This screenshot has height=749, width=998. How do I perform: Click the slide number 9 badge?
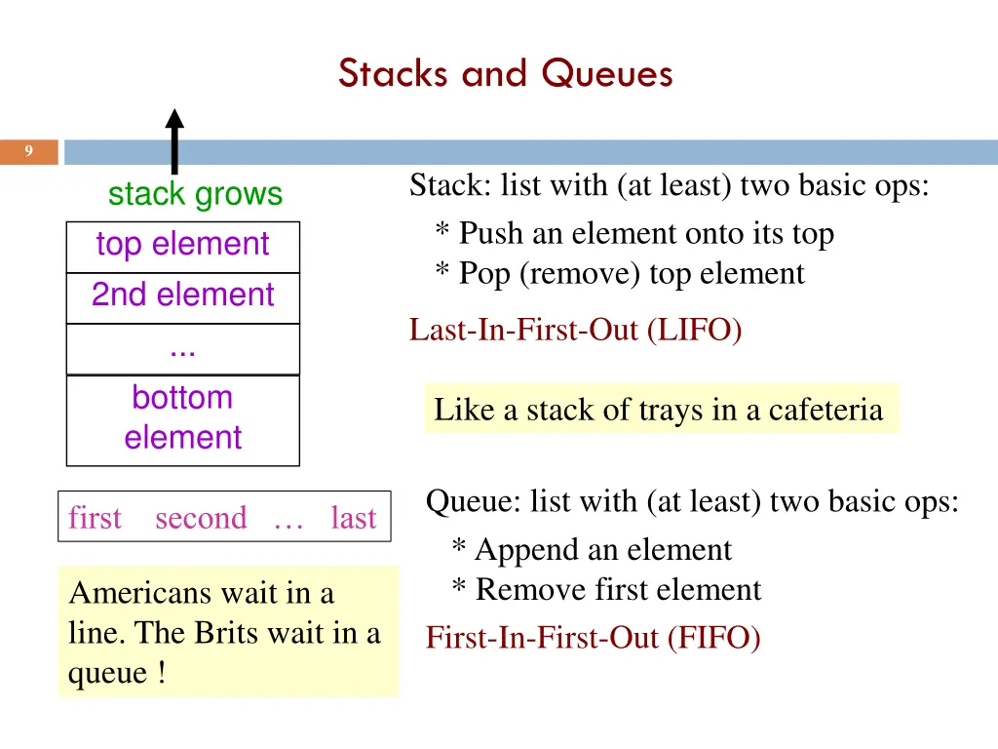[29, 151]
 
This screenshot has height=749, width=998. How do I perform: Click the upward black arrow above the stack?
[174, 141]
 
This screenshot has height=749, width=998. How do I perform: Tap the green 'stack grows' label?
[195, 194]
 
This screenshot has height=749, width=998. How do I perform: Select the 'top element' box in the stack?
[182, 245]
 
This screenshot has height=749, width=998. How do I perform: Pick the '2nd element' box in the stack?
[182, 296]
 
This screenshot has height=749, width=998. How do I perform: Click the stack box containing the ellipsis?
[182, 348]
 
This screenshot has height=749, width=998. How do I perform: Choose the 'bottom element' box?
[182, 418]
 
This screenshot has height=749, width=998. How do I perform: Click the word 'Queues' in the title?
[607, 73]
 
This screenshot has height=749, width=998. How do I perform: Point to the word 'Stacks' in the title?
[396, 73]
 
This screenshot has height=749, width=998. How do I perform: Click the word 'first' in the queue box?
[95, 518]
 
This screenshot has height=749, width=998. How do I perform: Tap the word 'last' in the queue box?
[353, 518]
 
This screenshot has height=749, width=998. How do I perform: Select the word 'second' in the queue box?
[201, 518]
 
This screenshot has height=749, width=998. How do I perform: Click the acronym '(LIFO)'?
[693, 331]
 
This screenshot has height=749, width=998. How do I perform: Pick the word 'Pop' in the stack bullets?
[484, 274]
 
